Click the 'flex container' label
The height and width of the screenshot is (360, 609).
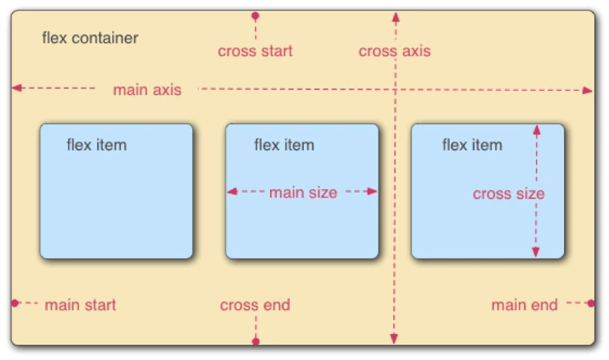point(90,38)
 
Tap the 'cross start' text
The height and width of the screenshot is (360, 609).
point(255,51)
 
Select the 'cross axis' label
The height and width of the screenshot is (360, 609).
point(395,51)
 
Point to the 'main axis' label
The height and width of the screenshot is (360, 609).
point(147,90)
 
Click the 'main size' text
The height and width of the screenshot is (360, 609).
point(303,193)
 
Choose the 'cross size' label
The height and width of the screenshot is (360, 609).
point(509,194)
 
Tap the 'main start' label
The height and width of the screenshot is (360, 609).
point(80,305)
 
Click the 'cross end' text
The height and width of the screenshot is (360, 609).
point(255,305)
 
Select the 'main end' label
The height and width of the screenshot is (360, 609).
point(525,305)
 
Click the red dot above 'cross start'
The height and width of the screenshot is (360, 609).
point(255,16)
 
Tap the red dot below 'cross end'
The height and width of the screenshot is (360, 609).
point(255,341)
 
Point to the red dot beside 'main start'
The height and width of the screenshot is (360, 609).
point(15,303)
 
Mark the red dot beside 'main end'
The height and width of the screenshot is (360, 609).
point(591,303)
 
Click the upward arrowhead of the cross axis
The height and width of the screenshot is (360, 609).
point(396,17)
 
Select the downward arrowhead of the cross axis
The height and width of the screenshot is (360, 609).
point(394,339)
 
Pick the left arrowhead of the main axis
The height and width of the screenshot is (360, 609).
point(17,88)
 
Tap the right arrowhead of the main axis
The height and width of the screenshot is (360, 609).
point(588,91)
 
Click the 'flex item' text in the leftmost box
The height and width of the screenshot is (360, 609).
point(97,146)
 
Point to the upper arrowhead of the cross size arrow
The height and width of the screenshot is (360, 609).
point(537,131)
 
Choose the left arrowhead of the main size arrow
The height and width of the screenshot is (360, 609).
point(232,191)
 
